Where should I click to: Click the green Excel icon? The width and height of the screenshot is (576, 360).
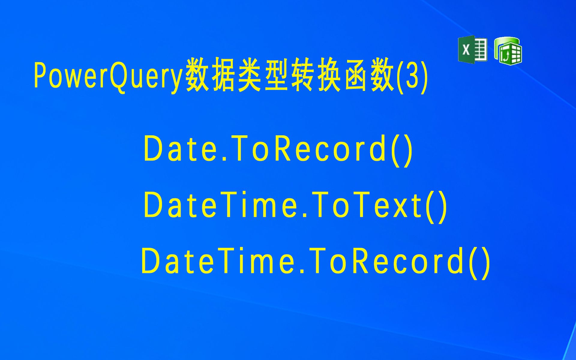pyautogui.click(x=472, y=49)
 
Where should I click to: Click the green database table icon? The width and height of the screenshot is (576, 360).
pyautogui.click(x=508, y=51)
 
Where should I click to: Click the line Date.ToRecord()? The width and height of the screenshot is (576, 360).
pyautogui.click(x=278, y=150)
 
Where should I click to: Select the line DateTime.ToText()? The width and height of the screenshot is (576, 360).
pyautogui.click(x=295, y=206)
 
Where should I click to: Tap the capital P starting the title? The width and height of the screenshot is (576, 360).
pyautogui.click(x=40, y=75)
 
